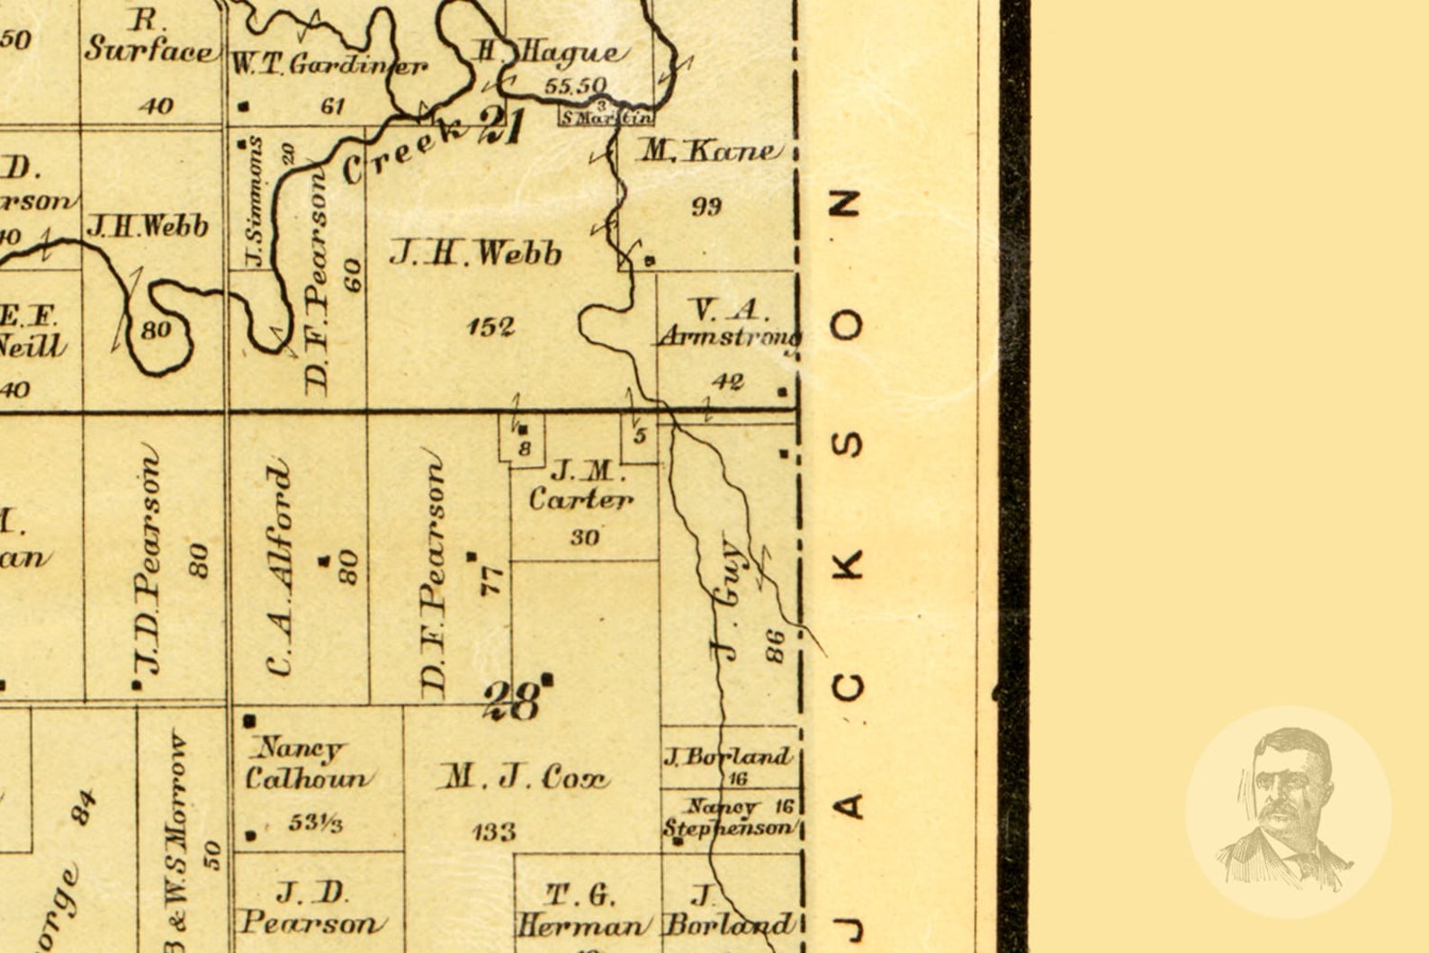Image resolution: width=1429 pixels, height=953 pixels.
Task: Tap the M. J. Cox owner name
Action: tap(524, 777)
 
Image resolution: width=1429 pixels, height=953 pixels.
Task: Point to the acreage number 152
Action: tap(490, 326)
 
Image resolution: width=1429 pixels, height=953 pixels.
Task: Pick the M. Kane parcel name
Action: tap(708, 151)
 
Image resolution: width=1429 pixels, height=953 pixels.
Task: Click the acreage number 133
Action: tap(494, 832)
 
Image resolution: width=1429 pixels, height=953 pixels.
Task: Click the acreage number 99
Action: tap(706, 207)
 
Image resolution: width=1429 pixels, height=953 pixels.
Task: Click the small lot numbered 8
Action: tap(525, 447)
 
